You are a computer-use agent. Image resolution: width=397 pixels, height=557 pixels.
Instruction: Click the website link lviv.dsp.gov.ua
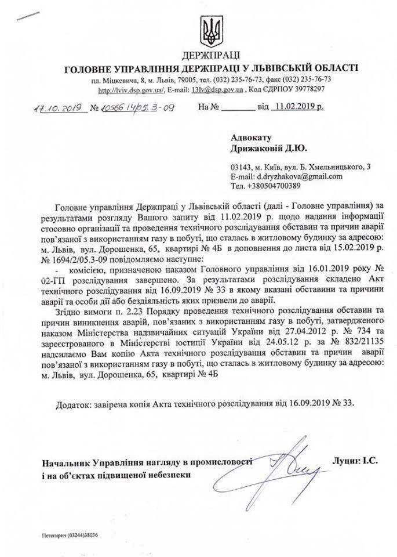tap(132, 90)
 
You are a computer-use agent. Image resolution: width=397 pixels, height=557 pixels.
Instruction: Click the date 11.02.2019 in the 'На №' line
tap(296, 107)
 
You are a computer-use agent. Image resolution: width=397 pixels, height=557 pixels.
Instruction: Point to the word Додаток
tap(78, 403)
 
